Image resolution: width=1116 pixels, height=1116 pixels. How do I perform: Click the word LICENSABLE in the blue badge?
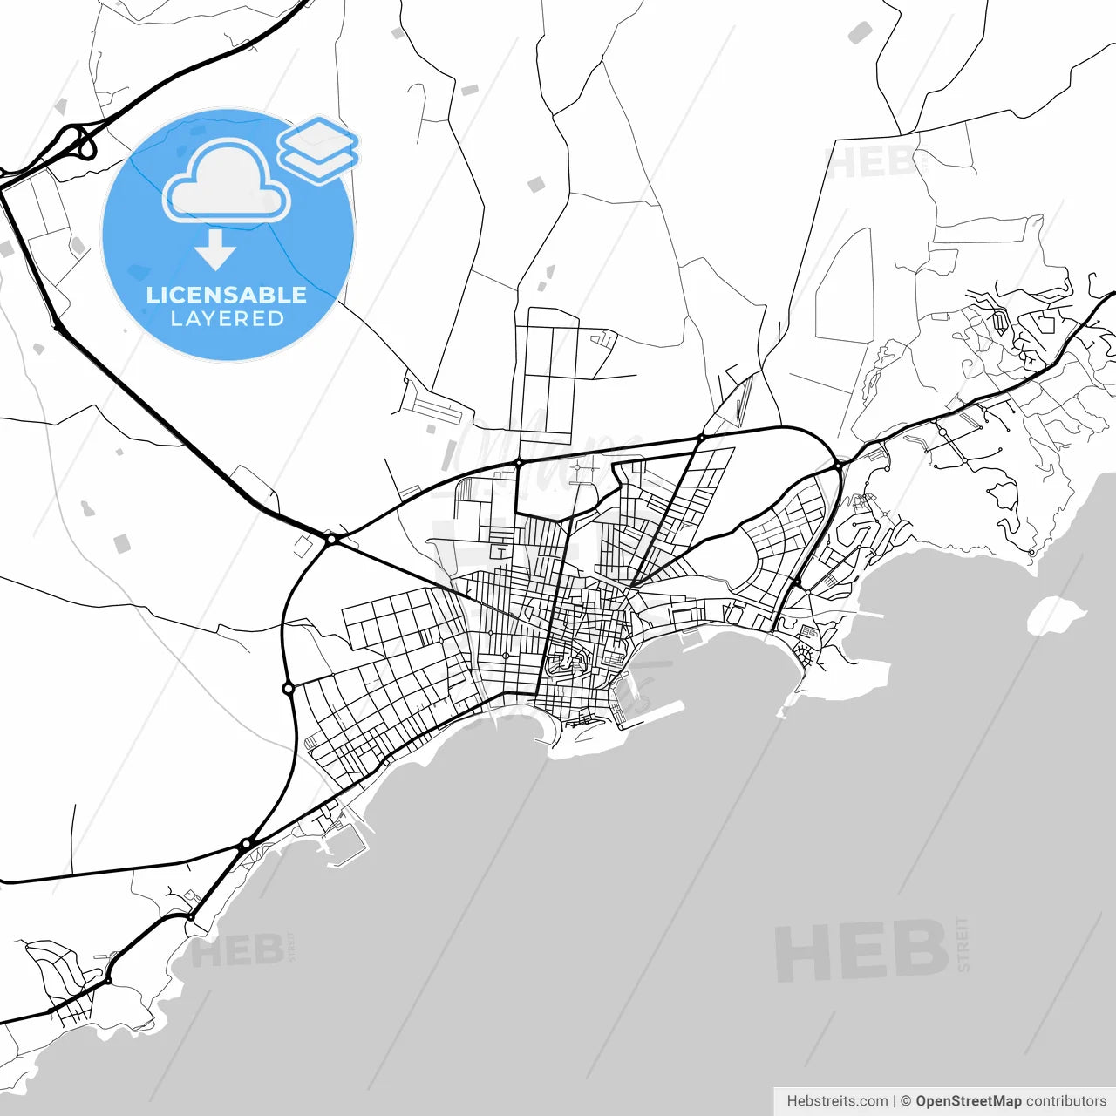pos(227,295)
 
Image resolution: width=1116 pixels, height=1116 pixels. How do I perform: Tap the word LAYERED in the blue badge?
pos(227,319)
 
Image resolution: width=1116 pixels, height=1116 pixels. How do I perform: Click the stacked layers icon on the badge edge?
pos(319,148)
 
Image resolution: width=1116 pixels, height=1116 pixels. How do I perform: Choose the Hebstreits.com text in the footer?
pos(837,1101)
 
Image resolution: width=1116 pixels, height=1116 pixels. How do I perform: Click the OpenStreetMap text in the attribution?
pos(968,1101)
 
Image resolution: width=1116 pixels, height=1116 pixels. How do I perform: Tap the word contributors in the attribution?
pos(1066,1101)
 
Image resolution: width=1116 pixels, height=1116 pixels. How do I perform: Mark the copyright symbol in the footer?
pos(906,1101)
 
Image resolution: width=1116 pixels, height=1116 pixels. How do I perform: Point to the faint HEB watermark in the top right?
pos(872,163)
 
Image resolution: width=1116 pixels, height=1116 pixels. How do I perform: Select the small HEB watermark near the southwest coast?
pos(236,951)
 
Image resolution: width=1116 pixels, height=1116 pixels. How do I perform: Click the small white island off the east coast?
pos(1057,615)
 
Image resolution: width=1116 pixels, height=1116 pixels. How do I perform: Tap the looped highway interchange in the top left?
pos(77,142)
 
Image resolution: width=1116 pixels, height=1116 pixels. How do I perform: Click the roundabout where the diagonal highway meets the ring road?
pos(331,540)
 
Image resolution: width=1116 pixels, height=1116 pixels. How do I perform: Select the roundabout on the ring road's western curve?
pos(289,689)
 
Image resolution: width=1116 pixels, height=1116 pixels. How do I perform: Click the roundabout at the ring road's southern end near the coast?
pos(247,844)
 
